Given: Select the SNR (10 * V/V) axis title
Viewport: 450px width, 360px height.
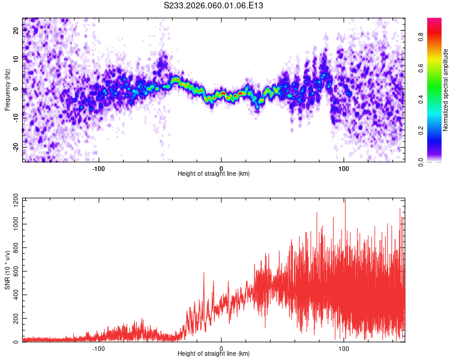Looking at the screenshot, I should (x=7, y=270).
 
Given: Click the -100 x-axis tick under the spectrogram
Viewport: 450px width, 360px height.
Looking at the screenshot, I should (x=98, y=168).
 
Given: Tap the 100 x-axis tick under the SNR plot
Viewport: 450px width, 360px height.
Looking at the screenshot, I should (x=344, y=348).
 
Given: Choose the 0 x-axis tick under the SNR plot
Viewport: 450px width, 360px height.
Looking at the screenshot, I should (x=221, y=348).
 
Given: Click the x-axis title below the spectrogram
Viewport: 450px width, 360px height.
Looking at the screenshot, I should (x=214, y=174).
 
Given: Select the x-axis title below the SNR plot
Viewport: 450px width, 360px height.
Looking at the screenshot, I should (x=214, y=354).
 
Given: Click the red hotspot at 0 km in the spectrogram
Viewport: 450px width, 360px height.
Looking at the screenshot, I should (x=221, y=94).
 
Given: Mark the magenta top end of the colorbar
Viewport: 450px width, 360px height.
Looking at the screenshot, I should (x=434, y=20).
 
